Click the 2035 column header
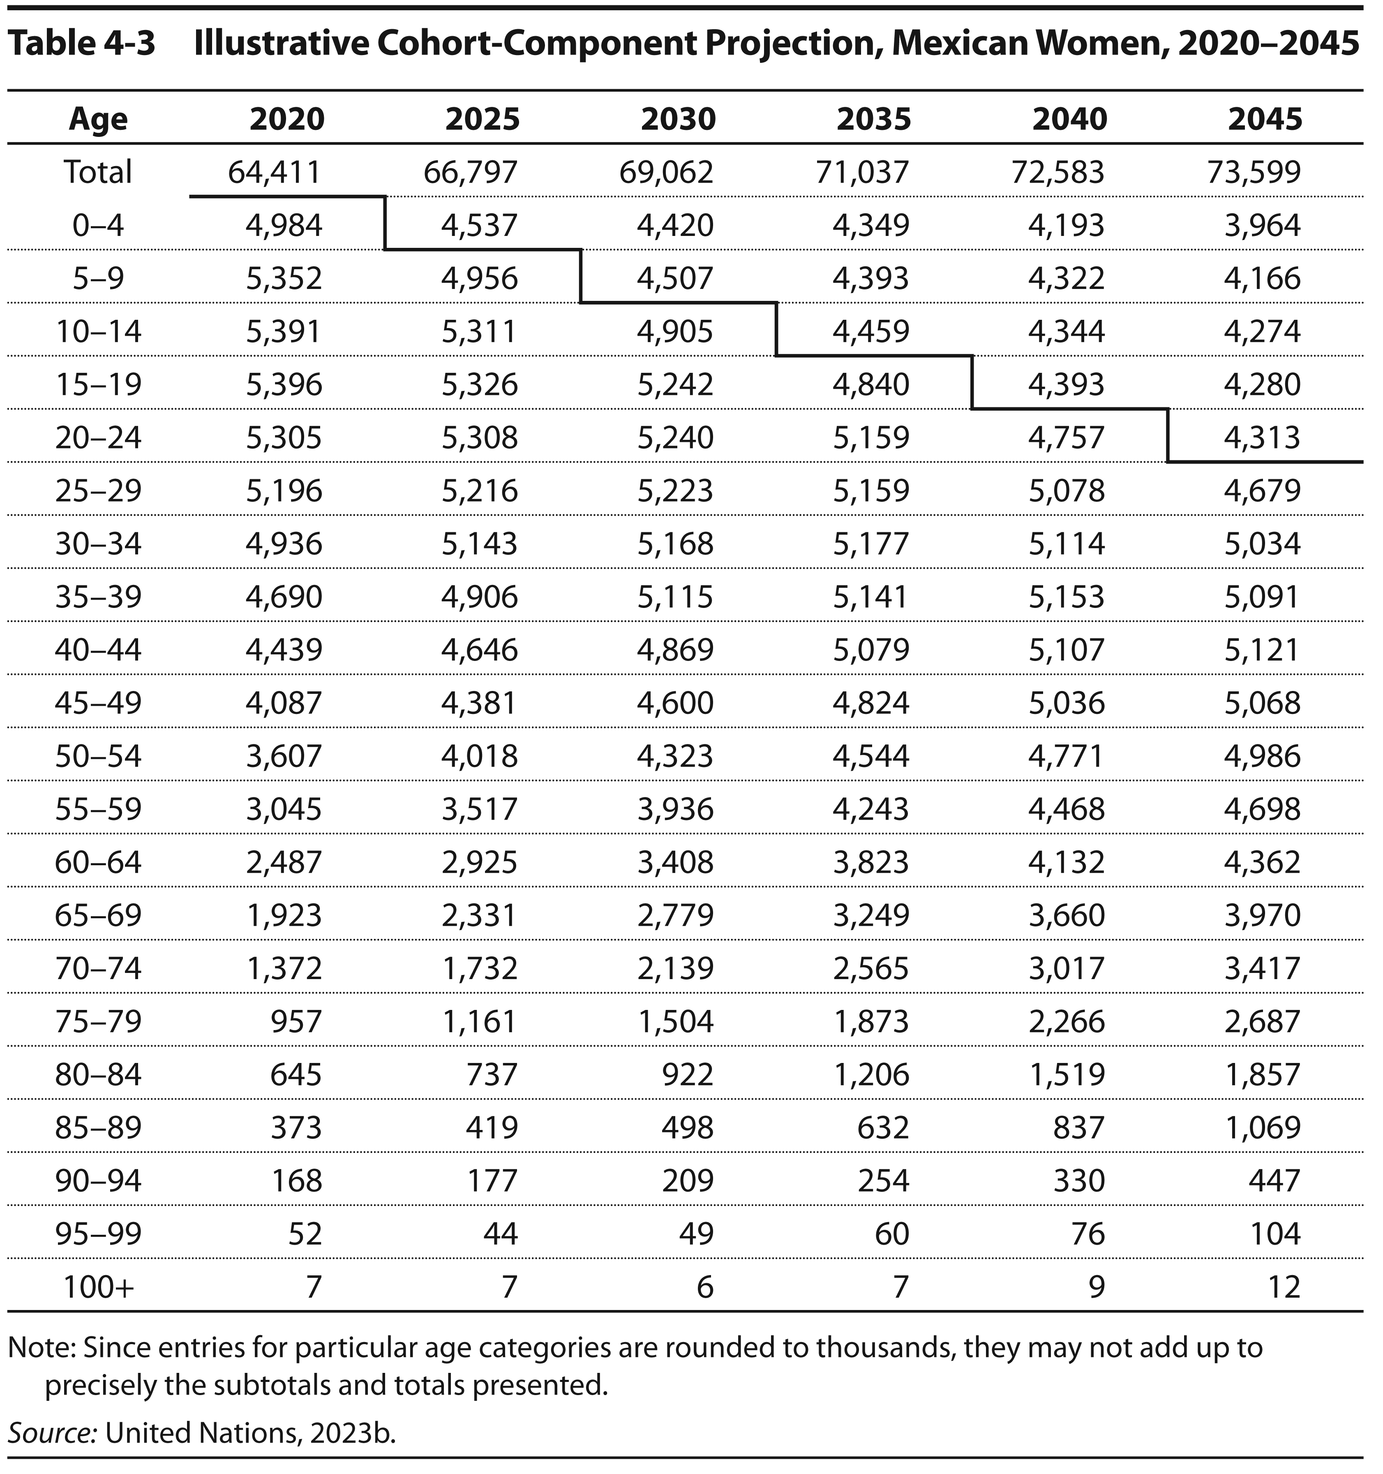[873, 119]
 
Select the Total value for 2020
[275, 172]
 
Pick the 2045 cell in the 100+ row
[1285, 1287]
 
